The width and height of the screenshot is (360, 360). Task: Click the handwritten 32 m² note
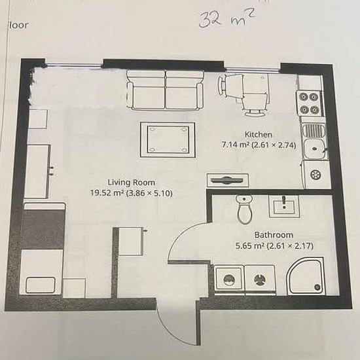227,19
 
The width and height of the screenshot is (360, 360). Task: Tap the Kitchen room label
259,134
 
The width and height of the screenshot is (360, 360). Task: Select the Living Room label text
132,183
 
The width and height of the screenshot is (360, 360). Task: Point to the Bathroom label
274,235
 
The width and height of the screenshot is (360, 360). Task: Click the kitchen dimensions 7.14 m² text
259,145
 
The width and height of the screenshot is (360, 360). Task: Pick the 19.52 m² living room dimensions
132,193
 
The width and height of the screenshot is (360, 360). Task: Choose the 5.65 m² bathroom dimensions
274,246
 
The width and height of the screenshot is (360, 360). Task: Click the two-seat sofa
165,90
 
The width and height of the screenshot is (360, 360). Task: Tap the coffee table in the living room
168,140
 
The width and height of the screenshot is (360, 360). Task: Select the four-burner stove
309,104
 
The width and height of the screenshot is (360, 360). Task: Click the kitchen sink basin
315,149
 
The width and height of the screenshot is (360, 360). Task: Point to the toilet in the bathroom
244,209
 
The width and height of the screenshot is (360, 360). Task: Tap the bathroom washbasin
285,206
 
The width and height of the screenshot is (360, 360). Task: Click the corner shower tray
306,276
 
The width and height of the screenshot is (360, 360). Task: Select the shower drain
317,287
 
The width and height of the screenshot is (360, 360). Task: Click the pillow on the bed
41,285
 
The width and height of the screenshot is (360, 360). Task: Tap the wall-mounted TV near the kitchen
228,180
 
